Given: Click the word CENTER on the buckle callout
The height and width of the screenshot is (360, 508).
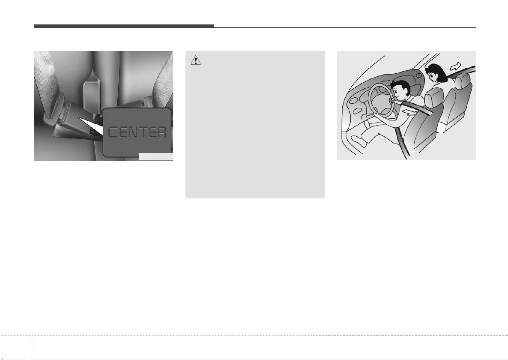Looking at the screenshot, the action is [x=137, y=132].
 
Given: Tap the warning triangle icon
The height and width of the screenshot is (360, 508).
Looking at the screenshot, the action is [x=196, y=60].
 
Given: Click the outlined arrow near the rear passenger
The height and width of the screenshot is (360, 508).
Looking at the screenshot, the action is [x=455, y=66].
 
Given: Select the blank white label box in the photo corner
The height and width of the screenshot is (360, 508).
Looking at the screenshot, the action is [x=156, y=156].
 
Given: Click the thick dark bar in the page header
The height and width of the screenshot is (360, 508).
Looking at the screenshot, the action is [x=124, y=26].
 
